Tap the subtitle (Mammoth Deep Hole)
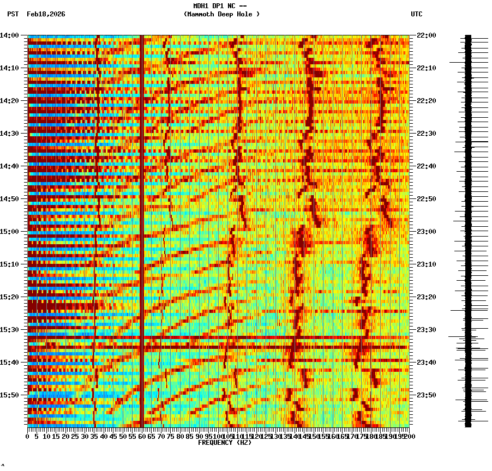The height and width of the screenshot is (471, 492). coord(221,14)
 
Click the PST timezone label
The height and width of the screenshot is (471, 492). coord(13,14)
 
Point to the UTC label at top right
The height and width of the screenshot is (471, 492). coord(416,14)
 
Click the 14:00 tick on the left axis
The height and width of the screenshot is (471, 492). coord(10,35)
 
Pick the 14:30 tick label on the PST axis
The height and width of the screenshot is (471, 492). coord(10,134)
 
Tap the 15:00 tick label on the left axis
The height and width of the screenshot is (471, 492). coord(10,232)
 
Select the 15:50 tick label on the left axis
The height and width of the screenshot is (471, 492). coord(10,395)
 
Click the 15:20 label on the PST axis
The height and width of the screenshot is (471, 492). coord(10,297)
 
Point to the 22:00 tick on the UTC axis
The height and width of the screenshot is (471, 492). coord(426,35)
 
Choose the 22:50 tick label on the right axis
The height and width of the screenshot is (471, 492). coord(426,199)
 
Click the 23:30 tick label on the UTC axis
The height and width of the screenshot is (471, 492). coord(426,330)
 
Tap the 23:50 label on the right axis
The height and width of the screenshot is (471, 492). coord(426,395)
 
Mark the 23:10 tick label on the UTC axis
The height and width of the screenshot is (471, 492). coord(426,264)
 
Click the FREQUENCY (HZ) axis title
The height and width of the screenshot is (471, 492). coord(224,443)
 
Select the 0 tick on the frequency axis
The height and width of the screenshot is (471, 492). coord(28,437)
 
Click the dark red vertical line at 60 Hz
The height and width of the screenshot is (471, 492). coord(142,229)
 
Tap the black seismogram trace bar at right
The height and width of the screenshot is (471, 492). coord(468,229)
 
